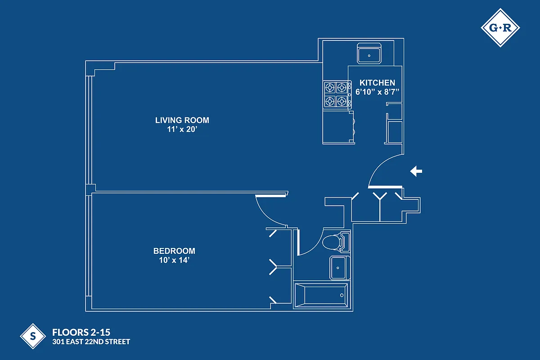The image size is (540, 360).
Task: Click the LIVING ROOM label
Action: point(182,120)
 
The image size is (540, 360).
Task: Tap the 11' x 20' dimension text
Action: point(182,129)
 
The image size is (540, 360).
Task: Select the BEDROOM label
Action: point(174,251)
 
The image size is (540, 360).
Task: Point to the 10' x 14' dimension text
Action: point(174,260)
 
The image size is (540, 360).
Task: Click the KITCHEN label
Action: point(377,83)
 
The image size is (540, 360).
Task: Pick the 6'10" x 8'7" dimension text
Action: point(378,92)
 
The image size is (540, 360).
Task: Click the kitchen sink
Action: point(369,54)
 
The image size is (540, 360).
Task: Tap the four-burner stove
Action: point(337,94)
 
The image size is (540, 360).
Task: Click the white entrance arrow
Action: point(416,171)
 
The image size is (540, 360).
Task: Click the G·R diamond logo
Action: point(500,28)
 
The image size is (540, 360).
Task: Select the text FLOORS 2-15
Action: point(81,333)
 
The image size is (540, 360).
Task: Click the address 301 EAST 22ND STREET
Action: point(91,342)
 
